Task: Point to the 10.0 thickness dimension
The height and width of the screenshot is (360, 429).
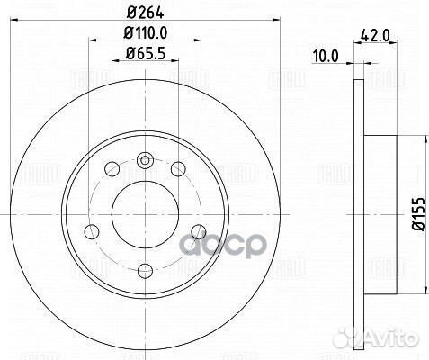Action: pos(324,55)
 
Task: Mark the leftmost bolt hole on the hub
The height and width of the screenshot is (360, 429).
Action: pos(89,232)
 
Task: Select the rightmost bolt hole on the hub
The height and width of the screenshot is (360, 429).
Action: pos(199,232)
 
